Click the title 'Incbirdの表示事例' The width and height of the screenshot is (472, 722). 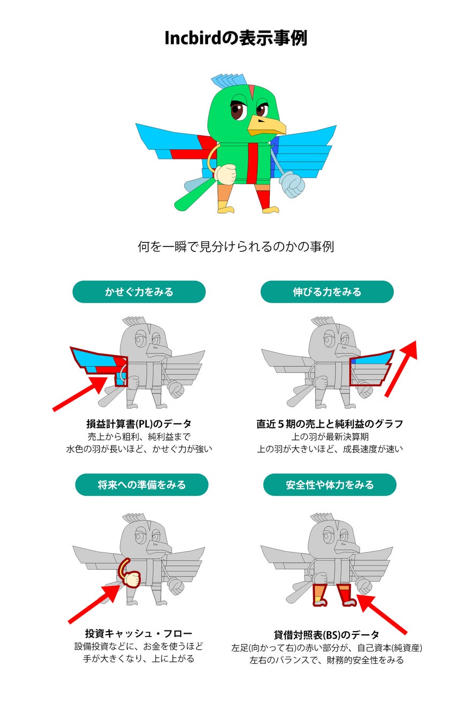pyautogui.click(x=235, y=39)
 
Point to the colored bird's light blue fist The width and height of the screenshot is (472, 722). pyautogui.click(x=291, y=185)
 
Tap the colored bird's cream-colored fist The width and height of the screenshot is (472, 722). pyautogui.click(x=225, y=173)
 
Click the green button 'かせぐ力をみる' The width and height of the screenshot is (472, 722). pyautogui.click(x=139, y=292)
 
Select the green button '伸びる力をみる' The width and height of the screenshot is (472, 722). pyautogui.click(x=327, y=292)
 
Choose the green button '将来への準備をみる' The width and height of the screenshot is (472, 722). pyautogui.click(x=141, y=485)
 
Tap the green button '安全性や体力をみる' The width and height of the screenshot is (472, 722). pyautogui.click(x=330, y=485)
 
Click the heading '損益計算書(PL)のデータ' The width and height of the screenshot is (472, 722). pyautogui.click(x=139, y=424)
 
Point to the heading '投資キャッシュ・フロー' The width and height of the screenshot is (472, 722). pyautogui.click(x=139, y=634)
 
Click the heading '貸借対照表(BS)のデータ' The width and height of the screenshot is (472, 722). pyautogui.click(x=326, y=635)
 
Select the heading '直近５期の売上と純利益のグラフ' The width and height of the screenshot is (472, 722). pyautogui.click(x=329, y=424)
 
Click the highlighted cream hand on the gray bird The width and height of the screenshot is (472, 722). pyautogui.click(x=130, y=578)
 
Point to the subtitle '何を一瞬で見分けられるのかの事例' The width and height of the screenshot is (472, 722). pyautogui.click(x=235, y=247)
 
